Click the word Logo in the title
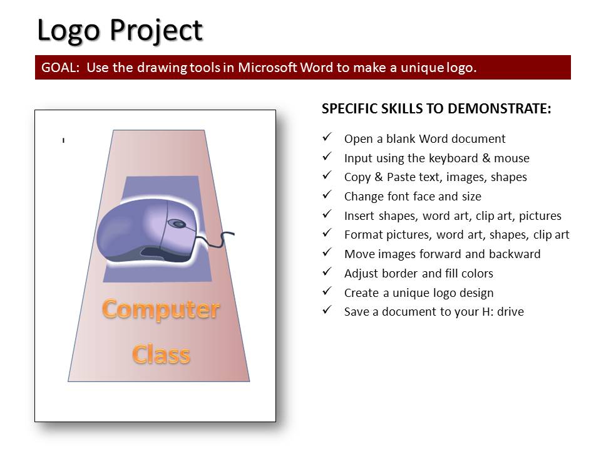pyautogui.click(x=69, y=31)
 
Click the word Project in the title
pyautogui.click(x=157, y=31)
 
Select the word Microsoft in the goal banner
pyautogui.click(x=267, y=68)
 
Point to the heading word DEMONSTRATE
pyautogui.click(x=500, y=108)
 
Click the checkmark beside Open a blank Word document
pyautogui.click(x=327, y=137)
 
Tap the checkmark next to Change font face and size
pyautogui.click(x=327, y=194)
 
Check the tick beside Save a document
pyautogui.click(x=327, y=309)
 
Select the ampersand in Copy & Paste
pyautogui.click(x=379, y=177)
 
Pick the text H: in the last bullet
pyautogui.click(x=488, y=311)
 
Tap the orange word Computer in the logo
pyautogui.click(x=161, y=309)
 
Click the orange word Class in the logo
pyautogui.click(x=161, y=354)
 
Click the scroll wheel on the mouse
pyautogui.click(x=177, y=224)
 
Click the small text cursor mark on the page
pyautogui.click(x=63, y=140)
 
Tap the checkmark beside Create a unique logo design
pyautogui.click(x=327, y=291)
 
